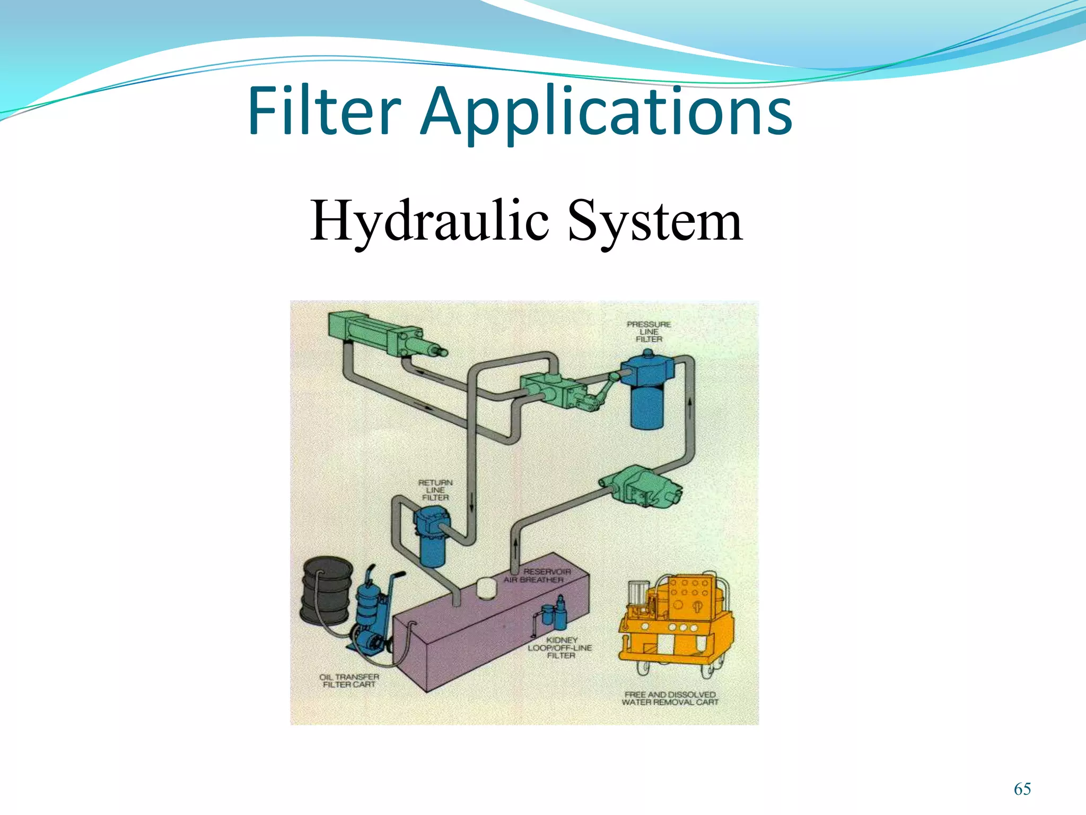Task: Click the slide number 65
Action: point(1022,789)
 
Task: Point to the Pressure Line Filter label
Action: point(649,332)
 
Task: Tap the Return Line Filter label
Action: point(435,490)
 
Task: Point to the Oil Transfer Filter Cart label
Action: point(349,680)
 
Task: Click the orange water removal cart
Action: point(676,621)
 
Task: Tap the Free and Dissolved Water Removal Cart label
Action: point(670,698)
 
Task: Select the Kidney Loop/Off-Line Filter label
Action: point(560,648)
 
